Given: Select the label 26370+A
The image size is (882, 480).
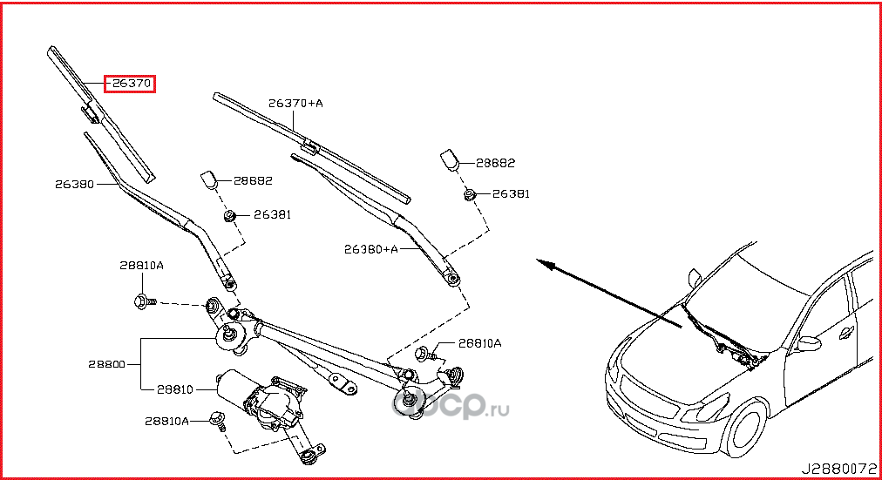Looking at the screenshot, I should (x=295, y=103).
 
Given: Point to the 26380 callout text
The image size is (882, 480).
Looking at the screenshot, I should (x=74, y=184).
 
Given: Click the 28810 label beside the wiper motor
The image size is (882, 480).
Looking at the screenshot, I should (x=174, y=389).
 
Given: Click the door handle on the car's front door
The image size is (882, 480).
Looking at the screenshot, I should (x=847, y=331).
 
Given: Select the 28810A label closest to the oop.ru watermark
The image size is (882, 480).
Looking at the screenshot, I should (x=479, y=343).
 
